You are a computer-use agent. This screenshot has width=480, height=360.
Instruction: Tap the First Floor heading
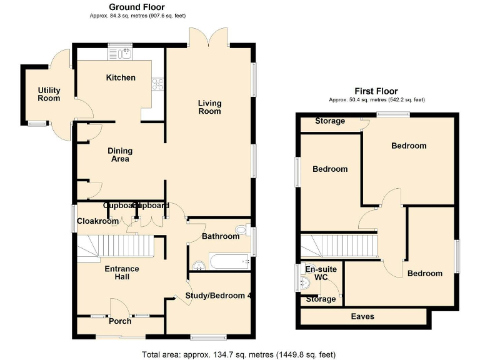(376, 91)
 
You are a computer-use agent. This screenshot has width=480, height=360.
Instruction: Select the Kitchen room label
(121, 78)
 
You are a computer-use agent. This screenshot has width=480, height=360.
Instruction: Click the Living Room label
(209, 107)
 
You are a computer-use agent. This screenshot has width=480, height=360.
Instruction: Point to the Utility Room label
(48, 94)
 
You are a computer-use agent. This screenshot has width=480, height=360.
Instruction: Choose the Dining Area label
(119, 154)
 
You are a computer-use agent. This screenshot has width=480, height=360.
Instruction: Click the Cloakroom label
(97, 221)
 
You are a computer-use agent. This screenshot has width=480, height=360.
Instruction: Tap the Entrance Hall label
(121, 272)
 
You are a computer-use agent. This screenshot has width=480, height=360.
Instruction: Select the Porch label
(120, 321)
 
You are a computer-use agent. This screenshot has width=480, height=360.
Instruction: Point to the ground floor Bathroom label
(220, 236)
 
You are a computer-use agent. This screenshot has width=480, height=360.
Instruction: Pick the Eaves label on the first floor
(362, 317)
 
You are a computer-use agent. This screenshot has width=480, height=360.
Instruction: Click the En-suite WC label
(321, 273)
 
